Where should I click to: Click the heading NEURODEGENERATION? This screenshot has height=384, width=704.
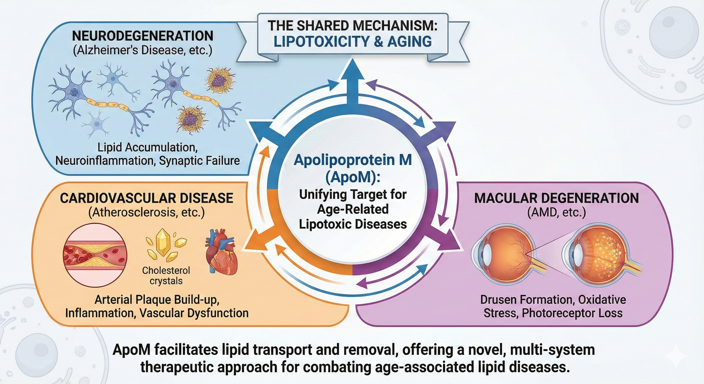click(x=142, y=36)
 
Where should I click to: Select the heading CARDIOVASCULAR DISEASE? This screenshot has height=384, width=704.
click(x=146, y=198)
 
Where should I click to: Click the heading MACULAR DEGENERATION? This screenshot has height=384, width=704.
click(x=556, y=198)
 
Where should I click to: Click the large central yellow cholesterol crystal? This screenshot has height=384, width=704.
click(x=163, y=242)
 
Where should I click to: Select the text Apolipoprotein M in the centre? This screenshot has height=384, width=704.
click(x=352, y=160)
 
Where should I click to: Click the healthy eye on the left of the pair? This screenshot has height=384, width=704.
click(x=503, y=253)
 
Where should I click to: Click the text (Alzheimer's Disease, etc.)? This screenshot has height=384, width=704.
click(x=142, y=51)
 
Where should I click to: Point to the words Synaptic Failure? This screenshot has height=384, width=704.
click(x=199, y=161)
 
